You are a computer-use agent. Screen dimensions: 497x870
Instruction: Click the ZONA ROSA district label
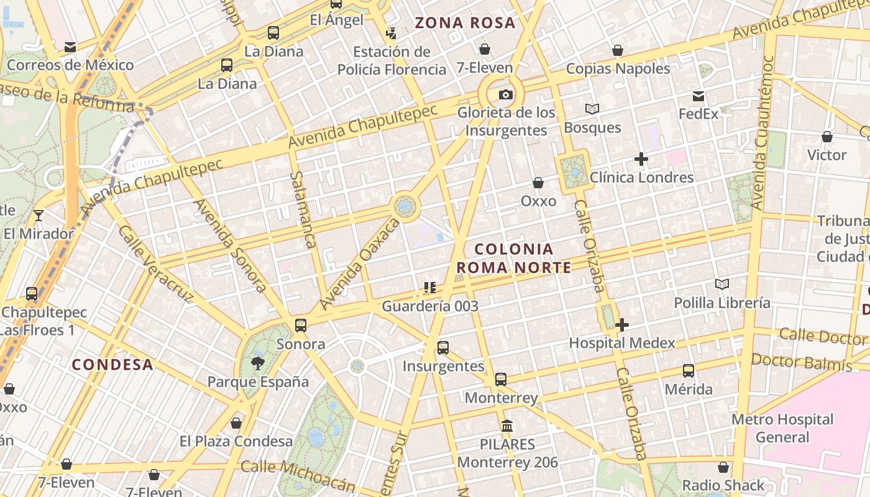point(465,24)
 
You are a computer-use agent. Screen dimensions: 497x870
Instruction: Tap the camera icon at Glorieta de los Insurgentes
point(506,94)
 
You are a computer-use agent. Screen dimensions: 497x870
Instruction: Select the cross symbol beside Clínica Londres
point(641,159)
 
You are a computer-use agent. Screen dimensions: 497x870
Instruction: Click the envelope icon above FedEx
point(698,96)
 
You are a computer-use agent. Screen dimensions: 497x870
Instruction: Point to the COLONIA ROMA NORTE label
point(513,258)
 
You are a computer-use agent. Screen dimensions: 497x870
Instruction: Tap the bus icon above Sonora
point(301,325)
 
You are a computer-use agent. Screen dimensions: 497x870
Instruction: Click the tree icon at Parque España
point(258,363)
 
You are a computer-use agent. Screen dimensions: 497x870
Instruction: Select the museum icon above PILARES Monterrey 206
point(507,426)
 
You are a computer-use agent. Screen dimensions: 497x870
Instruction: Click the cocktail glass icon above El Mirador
point(39,216)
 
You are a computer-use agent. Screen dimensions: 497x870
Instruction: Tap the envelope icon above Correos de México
point(70,47)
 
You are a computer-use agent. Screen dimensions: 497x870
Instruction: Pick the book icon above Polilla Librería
point(721,285)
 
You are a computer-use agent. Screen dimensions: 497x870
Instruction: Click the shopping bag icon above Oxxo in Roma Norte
point(538,183)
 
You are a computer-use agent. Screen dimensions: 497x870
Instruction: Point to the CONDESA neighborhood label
point(112,365)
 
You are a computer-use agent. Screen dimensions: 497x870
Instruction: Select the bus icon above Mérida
point(689,371)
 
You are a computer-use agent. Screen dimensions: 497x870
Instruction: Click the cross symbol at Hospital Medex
point(621,325)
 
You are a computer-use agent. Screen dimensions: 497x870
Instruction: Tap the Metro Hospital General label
point(782,428)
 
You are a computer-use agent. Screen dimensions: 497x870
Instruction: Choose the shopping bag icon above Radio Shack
point(723,467)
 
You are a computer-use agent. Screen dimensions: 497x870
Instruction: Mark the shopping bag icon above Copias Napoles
point(618,50)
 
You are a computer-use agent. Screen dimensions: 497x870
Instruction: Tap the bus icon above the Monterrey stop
point(501,379)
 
